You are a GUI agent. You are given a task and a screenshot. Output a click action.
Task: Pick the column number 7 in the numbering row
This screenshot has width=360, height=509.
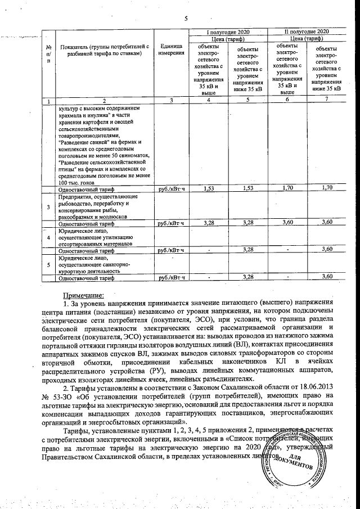[326, 100]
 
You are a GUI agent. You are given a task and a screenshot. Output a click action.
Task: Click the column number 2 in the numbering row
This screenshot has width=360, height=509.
[103, 100]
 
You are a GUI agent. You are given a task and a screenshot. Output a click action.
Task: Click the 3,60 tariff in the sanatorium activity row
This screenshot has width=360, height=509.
[326, 277]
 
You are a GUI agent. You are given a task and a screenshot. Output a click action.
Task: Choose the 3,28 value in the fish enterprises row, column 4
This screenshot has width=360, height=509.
[209, 223]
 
